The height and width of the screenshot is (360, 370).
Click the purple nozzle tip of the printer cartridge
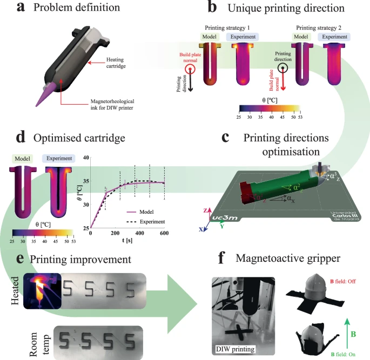(45, 97)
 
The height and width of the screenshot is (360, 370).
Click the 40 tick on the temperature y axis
(85, 157)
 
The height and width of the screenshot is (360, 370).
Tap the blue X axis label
(201, 229)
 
